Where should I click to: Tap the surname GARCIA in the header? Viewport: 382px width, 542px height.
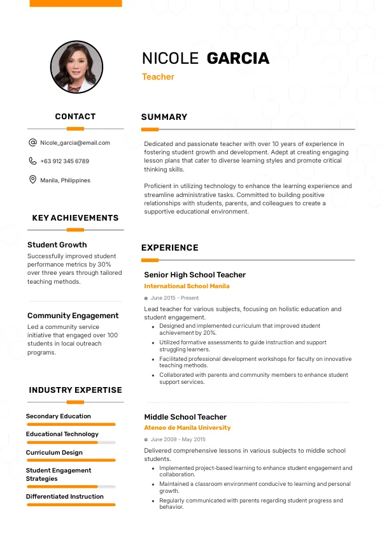pos(238,59)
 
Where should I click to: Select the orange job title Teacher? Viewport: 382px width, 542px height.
pos(158,77)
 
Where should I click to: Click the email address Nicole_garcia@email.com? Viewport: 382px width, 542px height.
pos(75,143)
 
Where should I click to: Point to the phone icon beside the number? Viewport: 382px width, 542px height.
pos(32,161)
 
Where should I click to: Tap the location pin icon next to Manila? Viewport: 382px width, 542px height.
pos(32,180)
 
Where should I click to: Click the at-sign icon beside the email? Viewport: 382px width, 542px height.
pos(32,143)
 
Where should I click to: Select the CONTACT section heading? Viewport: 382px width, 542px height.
pos(75,117)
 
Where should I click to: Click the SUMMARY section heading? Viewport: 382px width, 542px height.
pos(164,117)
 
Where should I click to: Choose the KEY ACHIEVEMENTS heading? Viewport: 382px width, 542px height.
pos(75,218)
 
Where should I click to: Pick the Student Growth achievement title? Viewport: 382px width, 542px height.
pos(57,245)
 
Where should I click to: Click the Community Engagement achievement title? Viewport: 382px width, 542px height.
pos(73,316)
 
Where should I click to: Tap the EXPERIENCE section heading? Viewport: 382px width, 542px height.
pos(170,248)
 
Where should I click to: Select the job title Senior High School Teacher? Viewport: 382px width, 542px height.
pos(195,275)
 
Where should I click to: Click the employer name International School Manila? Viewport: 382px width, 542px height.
pos(187,286)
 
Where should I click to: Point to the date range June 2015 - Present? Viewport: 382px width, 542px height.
pos(174,298)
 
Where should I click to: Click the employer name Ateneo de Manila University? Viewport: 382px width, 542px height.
pos(187,428)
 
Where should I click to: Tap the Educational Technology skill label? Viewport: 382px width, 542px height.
pos(62,434)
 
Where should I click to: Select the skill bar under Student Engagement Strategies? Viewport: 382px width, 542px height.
pos(71,487)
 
